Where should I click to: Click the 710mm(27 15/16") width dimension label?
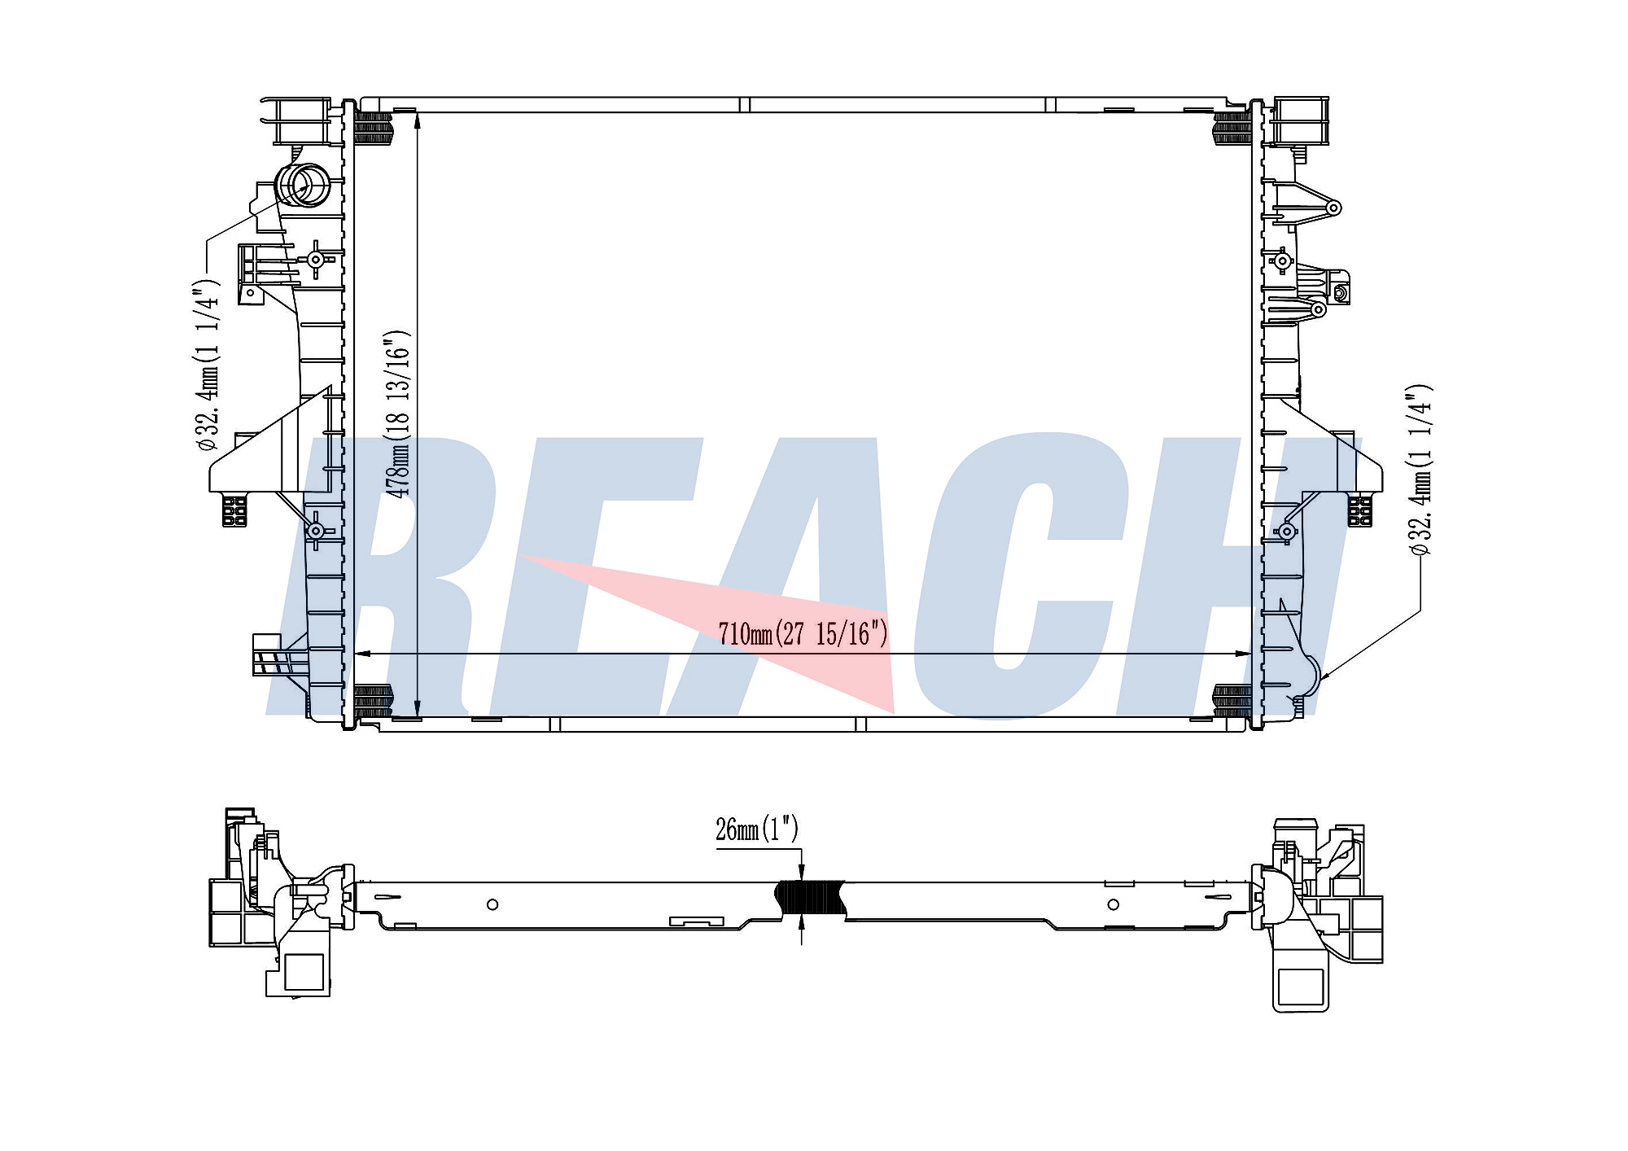click(x=803, y=632)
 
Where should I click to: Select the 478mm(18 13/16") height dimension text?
click(x=399, y=414)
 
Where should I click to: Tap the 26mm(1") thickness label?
click(x=757, y=829)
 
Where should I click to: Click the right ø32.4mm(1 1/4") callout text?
click(x=1420, y=470)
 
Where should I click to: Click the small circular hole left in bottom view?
click(x=492, y=904)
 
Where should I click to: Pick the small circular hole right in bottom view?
click(x=1114, y=904)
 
